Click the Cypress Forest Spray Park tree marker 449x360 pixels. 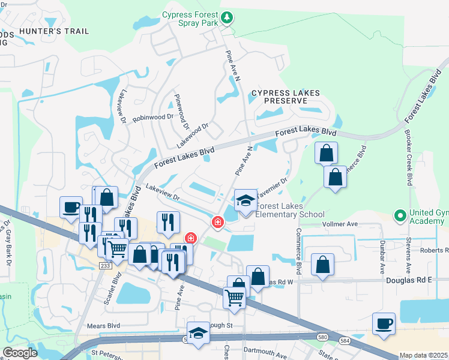click(227, 18)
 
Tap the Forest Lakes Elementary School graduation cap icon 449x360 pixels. click(246, 201)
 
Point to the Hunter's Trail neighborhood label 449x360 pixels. click(54, 31)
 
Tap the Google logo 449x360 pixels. click(20, 353)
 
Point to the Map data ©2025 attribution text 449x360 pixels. click(423, 355)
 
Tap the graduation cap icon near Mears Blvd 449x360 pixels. click(198, 332)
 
